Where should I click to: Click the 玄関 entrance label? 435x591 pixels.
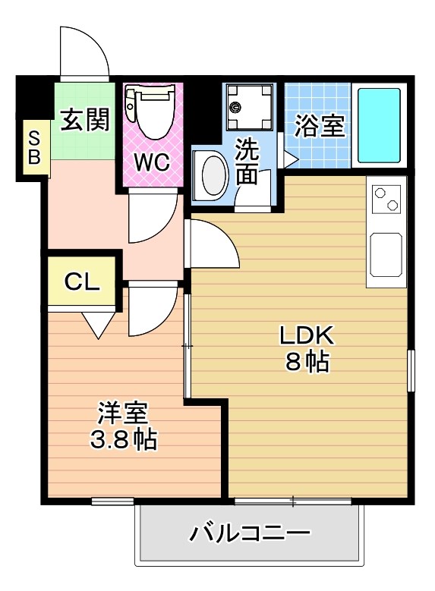click(x=85, y=120)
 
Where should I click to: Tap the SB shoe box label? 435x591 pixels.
click(x=34, y=148)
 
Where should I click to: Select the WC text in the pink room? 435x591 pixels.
click(x=153, y=162)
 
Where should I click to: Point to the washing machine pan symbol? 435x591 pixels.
click(x=249, y=107)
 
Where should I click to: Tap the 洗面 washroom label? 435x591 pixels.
click(x=247, y=162)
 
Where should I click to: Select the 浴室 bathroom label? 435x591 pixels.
click(x=319, y=126)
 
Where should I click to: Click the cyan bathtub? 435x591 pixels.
click(x=378, y=125)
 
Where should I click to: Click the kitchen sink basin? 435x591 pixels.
click(x=386, y=255)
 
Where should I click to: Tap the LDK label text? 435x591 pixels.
click(x=307, y=335)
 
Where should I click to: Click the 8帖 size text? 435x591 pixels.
click(x=307, y=362)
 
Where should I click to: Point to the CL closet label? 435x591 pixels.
click(x=82, y=281)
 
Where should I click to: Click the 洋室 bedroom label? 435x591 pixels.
click(x=123, y=413)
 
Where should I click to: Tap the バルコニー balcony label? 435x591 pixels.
click(x=250, y=533)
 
